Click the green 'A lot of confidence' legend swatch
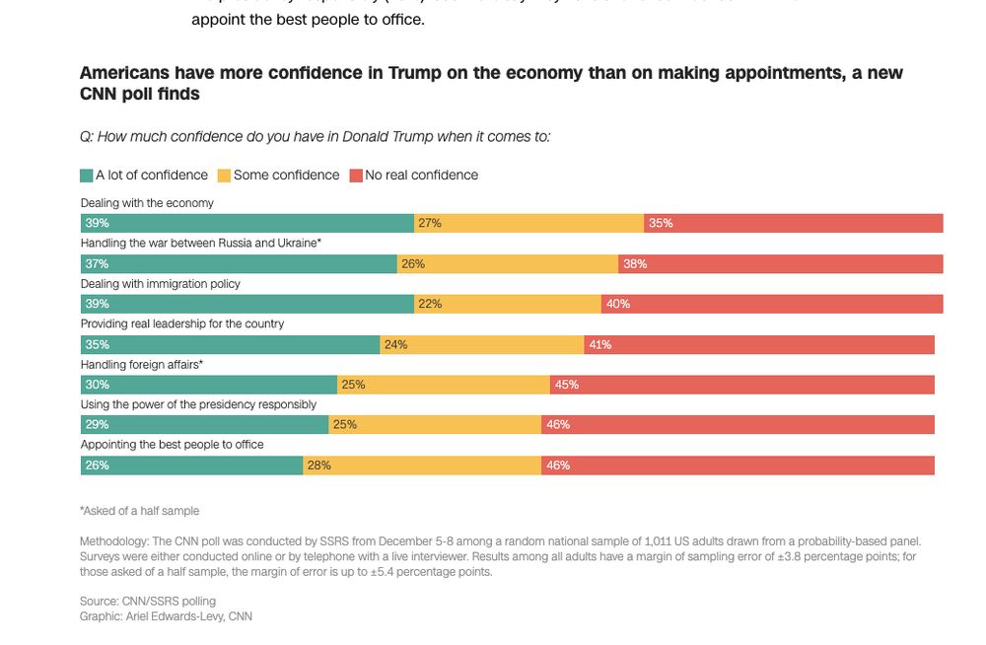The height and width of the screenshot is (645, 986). click(87, 176)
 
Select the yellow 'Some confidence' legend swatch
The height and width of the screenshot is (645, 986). click(224, 176)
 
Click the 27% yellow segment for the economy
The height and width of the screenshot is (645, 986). click(528, 224)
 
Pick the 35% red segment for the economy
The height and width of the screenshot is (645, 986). click(793, 224)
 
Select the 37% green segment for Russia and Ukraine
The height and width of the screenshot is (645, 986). click(239, 264)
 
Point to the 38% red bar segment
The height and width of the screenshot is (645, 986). click(780, 264)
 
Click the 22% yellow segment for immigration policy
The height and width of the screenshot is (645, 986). click(507, 304)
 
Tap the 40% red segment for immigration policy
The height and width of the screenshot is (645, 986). click(772, 304)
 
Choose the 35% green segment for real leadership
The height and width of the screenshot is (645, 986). click(230, 344)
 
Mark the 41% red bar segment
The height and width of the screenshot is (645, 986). click(759, 344)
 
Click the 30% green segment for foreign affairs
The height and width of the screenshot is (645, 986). click(209, 385)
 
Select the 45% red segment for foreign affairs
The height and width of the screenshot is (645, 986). click(741, 385)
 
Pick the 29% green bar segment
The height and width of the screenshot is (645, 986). click(204, 425)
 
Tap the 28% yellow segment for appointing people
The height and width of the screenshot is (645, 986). click(421, 466)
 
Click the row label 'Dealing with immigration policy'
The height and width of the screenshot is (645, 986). click(160, 284)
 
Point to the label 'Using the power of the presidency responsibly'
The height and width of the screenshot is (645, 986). click(198, 404)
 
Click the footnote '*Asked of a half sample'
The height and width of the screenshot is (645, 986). click(139, 511)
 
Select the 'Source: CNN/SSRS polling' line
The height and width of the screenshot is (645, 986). click(147, 601)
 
